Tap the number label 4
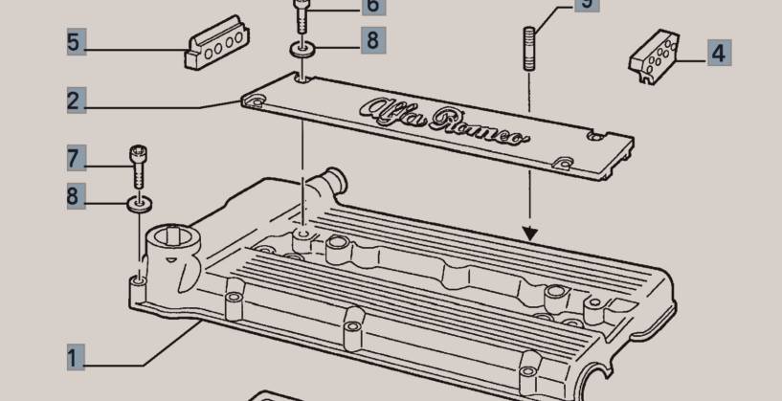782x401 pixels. tap(719, 53)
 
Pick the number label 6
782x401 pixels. tap(373, 5)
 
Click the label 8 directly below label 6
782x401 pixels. tap(373, 40)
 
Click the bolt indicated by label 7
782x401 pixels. tap(138, 167)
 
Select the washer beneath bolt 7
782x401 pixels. tap(139, 204)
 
